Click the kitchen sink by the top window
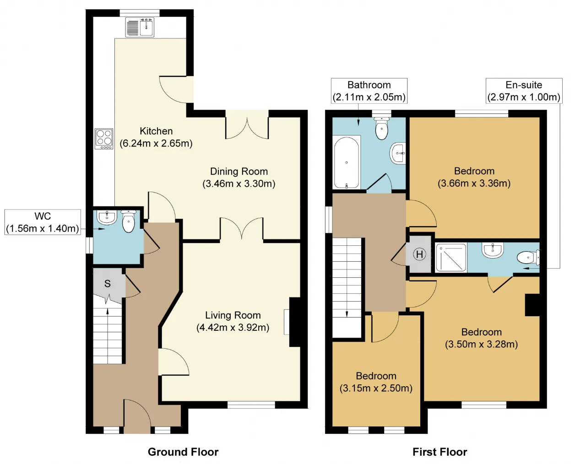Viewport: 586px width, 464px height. (x=140, y=27)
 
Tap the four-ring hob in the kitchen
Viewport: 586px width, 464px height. (x=104, y=139)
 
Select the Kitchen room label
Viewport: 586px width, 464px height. (x=156, y=137)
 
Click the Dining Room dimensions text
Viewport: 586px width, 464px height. (x=239, y=183)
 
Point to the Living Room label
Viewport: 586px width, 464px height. (x=233, y=321)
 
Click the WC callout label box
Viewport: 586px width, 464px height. (x=43, y=222)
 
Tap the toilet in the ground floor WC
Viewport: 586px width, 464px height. (x=128, y=221)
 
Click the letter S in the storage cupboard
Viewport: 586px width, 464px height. (x=108, y=284)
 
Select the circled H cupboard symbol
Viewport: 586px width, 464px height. (x=419, y=254)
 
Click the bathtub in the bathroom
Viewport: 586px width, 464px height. (x=347, y=162)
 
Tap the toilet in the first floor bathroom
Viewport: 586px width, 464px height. (x=381, y=129)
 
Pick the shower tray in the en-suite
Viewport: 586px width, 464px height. (x=451, y=258)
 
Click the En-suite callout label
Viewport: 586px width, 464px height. (x=524, y=91)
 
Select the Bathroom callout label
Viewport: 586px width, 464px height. (x=369, y=91)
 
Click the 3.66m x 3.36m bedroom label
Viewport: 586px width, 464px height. (x=474, y=177)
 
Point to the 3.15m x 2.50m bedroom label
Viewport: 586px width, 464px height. (x=376, y=382)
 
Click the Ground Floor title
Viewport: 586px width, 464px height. (x=183, y=452)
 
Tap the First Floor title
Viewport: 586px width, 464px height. (x=440, y=452)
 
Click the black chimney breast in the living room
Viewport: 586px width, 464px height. (x=295, y=322)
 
